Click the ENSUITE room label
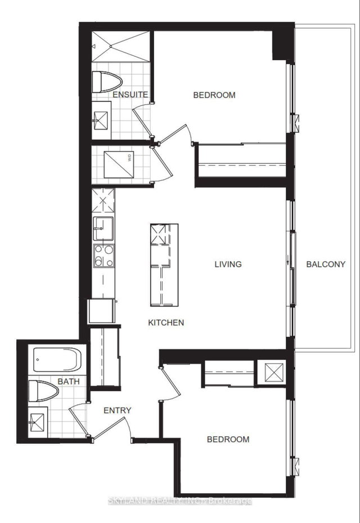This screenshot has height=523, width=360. (x=130, y=95)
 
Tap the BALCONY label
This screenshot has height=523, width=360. (x=325, y=265)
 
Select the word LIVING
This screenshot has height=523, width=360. (x=228, y=264)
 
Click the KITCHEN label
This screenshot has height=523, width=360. (x=166, y=323)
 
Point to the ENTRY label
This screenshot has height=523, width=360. (x=118, y=410)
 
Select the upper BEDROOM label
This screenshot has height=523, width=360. (x=214, y=95)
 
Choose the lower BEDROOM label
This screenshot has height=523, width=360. (x=228, y=439)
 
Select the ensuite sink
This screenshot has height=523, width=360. (x=103, y=119)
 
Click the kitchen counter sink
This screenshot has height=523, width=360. (x=103, y=227)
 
